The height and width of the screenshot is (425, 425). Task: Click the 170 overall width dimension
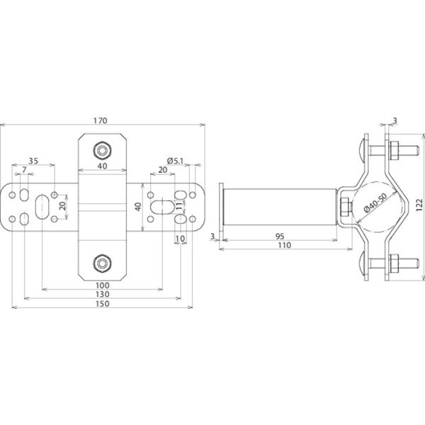101,120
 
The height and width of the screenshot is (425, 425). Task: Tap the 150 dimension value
103,304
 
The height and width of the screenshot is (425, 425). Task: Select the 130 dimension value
103,294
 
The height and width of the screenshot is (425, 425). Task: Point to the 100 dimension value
103,285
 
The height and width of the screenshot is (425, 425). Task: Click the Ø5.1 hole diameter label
176,161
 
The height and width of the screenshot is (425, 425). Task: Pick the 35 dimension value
33,161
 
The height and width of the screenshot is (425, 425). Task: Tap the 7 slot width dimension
24,170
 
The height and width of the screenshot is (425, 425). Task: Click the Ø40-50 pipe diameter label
375,203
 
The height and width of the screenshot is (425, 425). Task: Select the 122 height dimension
419,205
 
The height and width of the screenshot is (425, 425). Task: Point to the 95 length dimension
280,237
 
